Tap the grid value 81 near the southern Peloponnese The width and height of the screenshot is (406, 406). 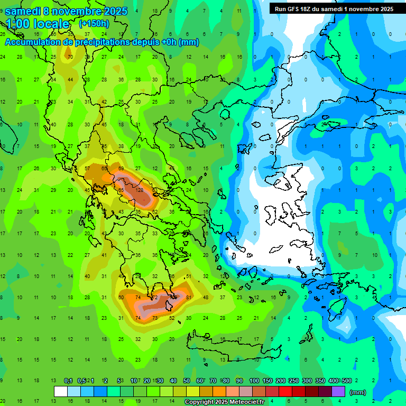189,297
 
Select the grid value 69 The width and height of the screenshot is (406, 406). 121,169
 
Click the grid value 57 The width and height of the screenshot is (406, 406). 87,169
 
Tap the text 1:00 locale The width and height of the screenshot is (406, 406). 38,24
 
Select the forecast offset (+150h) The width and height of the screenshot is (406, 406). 94,23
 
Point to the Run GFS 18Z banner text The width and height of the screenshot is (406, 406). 334,8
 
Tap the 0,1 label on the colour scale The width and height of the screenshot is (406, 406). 68,381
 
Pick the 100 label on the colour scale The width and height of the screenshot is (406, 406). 254,381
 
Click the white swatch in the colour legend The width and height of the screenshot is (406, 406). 61,391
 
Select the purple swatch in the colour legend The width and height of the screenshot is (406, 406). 338,391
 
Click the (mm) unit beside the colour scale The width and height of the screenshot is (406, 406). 358,392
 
